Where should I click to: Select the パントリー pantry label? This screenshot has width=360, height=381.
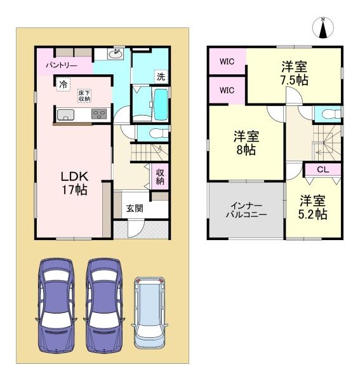pyautogui.click(x=61, y=65)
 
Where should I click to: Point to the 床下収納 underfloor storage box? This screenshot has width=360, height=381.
pyautogui.click(x=84, y=95)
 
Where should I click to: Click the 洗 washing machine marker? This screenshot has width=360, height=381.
pyautogui.click(x=160, y=77)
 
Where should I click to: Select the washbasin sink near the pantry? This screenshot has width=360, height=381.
pyautogui.click(x=116, y=55)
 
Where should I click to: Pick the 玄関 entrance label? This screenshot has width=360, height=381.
pyautogui.click(x=134, y=208)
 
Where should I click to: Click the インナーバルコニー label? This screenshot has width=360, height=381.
pyautogui.click(x=244, y=210)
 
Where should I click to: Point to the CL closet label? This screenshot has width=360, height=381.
pyautogui.click(x=322, y=170)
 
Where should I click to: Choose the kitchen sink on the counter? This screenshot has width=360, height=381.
pyautogui.click(x=66, y=115)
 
